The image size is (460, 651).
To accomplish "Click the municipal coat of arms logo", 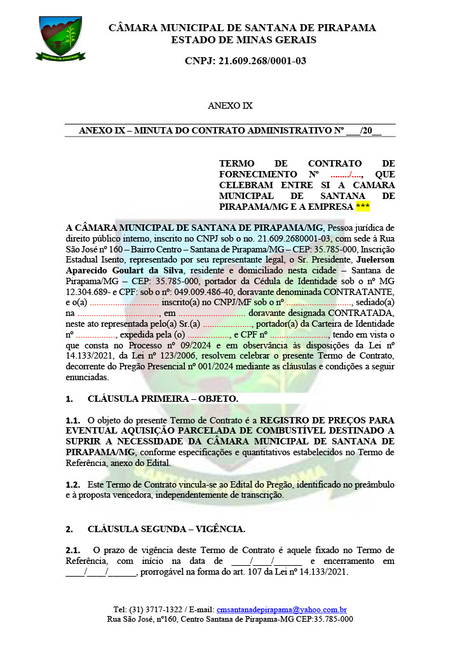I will tap(60, 38).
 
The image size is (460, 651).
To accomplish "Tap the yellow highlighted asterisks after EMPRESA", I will tap(363, 207).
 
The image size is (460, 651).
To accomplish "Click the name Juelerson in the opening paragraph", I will tap(375, 260).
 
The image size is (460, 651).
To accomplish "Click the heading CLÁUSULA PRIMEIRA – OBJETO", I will tap(163, 399).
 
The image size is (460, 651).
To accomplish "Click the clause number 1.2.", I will tap(73, 484).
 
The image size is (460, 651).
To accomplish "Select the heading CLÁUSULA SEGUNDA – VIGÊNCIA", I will tap(166, 529).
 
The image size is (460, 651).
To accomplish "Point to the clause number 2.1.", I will tap(73, 550).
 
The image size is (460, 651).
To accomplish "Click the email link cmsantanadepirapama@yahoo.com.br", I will tap(281, 609).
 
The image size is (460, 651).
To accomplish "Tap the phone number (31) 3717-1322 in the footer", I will tap(159, 609).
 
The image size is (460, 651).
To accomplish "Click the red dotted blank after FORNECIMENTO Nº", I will tap(347, 174).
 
